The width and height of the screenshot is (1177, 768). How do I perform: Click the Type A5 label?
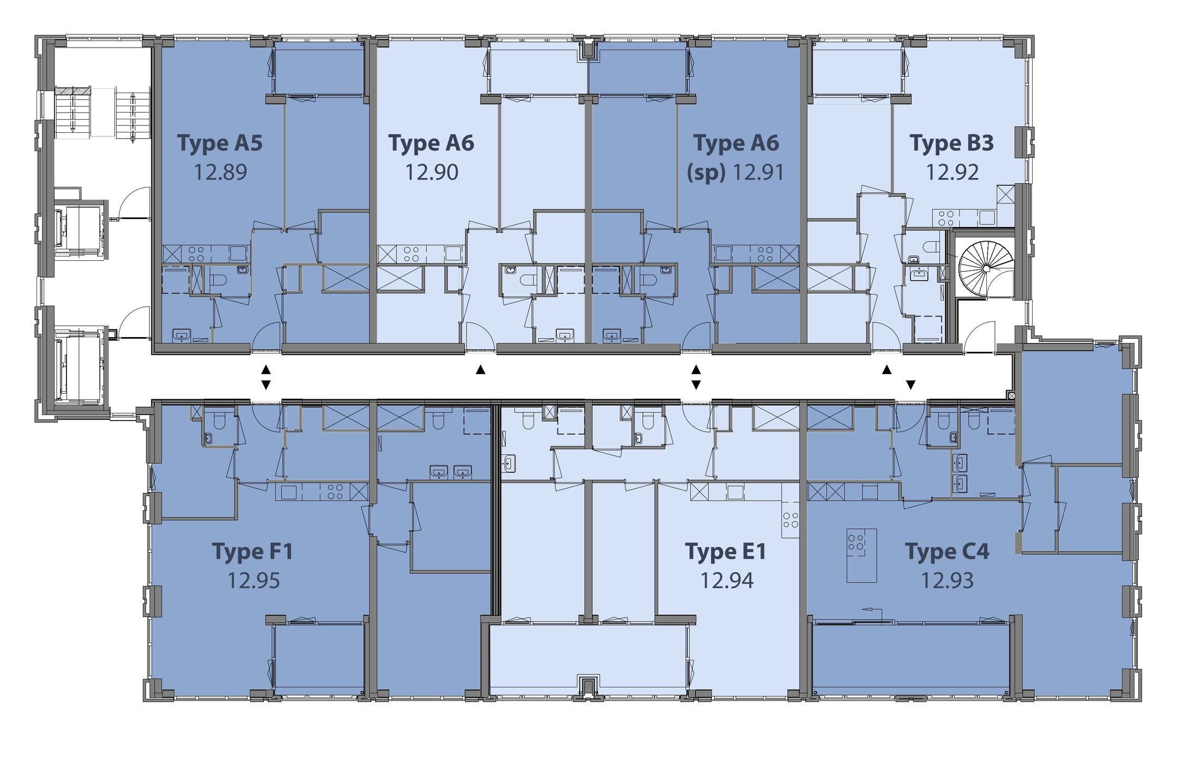tap(220, 143)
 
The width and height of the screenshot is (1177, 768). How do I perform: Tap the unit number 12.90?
tap(432, 172)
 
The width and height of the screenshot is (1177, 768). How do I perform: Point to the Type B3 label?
tap(951, 143)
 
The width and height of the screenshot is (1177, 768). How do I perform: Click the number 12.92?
tap(952, 172)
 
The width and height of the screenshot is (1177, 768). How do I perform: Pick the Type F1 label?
tap(252, 551)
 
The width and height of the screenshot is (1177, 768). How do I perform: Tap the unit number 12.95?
tap(253, 581)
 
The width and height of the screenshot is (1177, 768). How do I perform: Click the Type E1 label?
tap(725, 551)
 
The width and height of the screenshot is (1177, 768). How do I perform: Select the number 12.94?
tap(727, 581)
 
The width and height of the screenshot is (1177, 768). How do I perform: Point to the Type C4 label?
tap(947, 551)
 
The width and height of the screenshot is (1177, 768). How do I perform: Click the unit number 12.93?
tap(947, 581)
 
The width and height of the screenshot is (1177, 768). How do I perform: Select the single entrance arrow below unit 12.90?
tap(480, 370)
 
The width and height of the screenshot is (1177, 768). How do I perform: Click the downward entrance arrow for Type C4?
tap(911, 385)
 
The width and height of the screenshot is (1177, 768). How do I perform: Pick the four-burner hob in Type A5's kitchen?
tap(197, 254)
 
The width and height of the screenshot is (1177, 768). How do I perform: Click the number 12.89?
tap(221, 172)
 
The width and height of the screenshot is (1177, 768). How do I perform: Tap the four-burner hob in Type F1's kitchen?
tap(335, 492)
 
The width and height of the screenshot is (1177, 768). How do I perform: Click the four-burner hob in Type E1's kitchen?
tap(791, 520)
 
